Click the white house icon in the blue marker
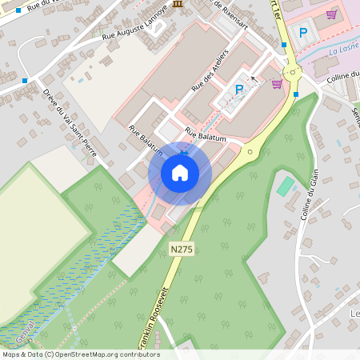click(179, 172)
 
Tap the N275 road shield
click(182, 250)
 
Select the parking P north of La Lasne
click(302, 32)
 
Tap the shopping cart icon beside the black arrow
click(277, 83)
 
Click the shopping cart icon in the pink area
click(331, 14)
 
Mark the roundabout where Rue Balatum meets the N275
click(250, 150)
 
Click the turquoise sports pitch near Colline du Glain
click(285, 186)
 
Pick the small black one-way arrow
click(255, 79)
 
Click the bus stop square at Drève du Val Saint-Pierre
click(26, 80)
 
